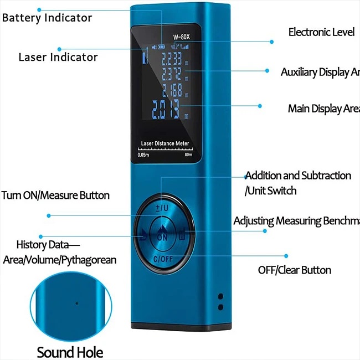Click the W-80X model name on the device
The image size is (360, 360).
[x=181, y=38]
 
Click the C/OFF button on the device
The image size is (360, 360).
[x=162, y=258]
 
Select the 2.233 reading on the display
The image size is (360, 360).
[x=172, y=59]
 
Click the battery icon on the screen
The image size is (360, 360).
[x=161, y=48]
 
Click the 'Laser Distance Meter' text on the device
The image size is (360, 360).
[x=165, y=143]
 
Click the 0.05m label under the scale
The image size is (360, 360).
[x=143, y=156]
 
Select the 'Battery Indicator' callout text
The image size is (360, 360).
[x=47, y=18]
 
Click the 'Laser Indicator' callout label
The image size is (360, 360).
[x=58, y=57]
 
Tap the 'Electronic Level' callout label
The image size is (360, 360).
[x=321, y=32]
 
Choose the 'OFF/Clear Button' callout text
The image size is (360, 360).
[x=295, y=270]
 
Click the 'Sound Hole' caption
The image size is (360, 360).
[x=70, y=352]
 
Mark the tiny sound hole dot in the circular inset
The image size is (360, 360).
[x=76, y=303]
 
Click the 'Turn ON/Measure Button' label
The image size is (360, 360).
[x=55, y=196]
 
